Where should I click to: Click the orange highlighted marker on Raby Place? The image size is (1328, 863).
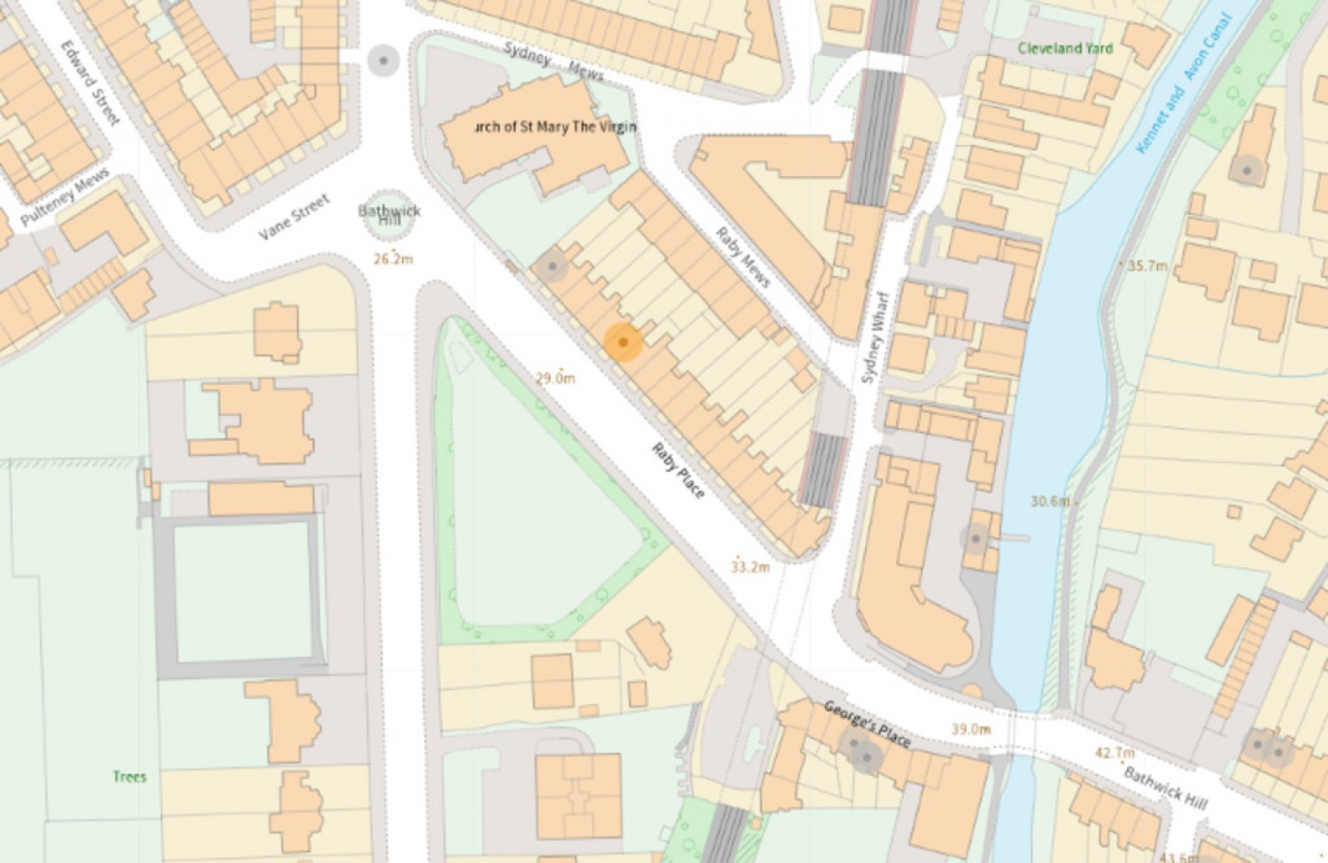click(623, 343)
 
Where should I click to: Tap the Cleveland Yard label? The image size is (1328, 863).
click(1065, 48)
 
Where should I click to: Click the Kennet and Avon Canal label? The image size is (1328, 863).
click(1183, 84)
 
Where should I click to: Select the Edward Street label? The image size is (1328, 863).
click(90, 81)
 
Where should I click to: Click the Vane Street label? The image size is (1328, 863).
click(294, 218)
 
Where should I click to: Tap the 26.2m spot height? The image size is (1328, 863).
click(393, 259)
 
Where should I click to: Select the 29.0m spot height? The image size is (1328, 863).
click(555, 378)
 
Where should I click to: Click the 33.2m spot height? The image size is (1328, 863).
click(750, 566)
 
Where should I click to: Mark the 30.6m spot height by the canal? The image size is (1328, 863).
click(1050, 501)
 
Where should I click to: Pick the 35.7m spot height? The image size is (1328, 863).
click(1147, 266)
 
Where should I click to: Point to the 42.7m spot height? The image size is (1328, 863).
click(1115, 753)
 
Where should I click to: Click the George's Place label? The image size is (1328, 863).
click(867, 724)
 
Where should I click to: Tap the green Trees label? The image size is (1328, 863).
click(129, 776)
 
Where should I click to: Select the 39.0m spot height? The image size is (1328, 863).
click(970, 729)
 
